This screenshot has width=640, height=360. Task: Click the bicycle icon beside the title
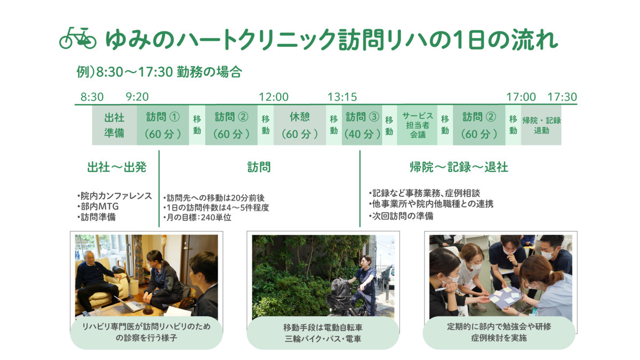(78, 38)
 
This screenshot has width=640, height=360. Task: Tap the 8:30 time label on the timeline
(92, 97)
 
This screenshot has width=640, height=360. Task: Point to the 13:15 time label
(342, 97)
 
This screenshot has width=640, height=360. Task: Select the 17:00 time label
(521, 97)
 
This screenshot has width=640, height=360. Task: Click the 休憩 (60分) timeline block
(300, 125)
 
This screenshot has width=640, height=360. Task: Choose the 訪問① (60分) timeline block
(163, 125)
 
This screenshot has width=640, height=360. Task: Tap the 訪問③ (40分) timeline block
(362, 125)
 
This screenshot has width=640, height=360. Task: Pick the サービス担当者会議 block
(417, 125)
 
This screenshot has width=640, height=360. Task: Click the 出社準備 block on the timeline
(114, 125)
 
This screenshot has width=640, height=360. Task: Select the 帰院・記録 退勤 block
(541, 125)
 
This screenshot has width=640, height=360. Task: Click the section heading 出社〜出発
(117, 167)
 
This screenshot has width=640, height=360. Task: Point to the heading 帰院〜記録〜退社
(459, 167)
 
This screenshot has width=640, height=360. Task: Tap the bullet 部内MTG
(98, 206)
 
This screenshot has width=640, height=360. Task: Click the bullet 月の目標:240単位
(197, 218)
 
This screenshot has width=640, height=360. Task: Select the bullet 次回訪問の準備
(401, 215)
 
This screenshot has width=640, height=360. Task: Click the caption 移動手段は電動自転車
(323, 327)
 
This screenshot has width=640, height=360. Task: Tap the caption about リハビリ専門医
(146, 332)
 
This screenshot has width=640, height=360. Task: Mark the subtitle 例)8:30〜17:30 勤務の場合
(159, 71)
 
